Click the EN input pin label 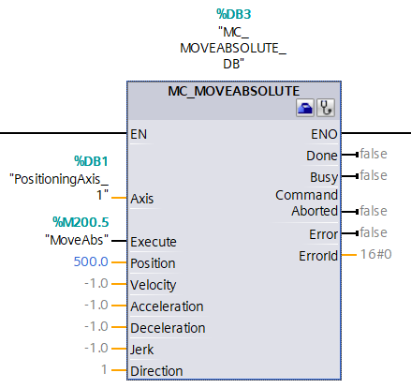tap(140, 133)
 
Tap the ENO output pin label tap(324, 133)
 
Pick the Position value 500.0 tap(92, 262)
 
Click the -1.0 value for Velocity tap(96, 284)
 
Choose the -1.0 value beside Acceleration tap(96, 306)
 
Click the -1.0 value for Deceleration tap(96, 327)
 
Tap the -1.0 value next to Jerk tap(96, 349)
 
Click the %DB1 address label tap(93, 160)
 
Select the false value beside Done tap(373, 154)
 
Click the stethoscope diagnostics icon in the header tap(325, 109)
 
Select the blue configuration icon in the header tap(306, 109)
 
